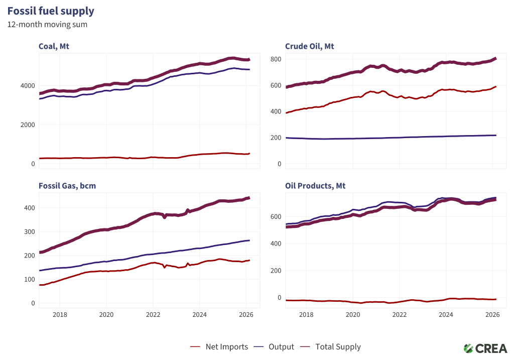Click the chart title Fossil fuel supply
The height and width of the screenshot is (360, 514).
[x=51, y=11]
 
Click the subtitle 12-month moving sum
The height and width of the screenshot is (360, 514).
[x=47, y=24]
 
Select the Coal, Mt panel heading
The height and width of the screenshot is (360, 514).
[x=54, y=47]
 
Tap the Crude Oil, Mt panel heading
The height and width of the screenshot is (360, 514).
[x=309, y=47]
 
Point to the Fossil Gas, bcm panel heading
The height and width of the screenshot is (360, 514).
[x=67, y=186]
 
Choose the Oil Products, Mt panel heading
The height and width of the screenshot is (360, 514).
[x=315, y=186]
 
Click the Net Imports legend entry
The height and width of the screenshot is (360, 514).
[x=219, y=346]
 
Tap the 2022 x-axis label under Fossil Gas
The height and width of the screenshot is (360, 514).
[x=153, y=315]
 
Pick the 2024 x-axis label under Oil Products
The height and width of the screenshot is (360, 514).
[x=446, y=315]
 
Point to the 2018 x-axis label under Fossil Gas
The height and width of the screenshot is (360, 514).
[x=60, y=315]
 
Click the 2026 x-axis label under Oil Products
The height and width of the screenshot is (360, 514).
[x=492, y=315]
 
